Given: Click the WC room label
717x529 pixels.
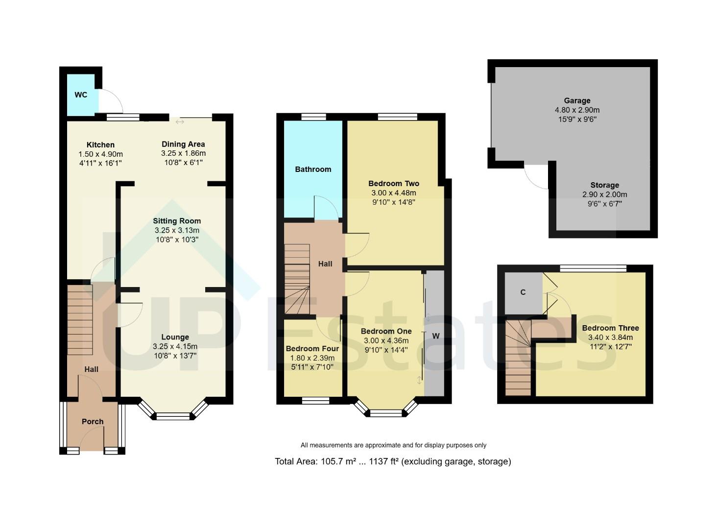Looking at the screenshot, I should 81,95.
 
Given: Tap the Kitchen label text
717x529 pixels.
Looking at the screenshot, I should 100,144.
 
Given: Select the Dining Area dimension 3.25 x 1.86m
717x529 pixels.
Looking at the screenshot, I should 183,153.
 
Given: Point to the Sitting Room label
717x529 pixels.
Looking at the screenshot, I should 177,221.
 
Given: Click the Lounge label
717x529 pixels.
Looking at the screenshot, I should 175,337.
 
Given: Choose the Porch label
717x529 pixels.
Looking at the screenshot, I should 93,421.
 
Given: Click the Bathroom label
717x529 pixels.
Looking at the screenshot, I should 313,169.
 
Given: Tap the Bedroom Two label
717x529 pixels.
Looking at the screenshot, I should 394,183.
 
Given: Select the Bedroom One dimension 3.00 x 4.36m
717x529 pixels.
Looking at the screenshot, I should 386,340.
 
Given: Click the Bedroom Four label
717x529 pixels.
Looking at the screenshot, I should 312,349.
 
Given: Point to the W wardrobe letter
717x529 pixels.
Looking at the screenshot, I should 435,336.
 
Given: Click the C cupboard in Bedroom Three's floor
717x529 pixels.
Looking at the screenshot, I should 523,292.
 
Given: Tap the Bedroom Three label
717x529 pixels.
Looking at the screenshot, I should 610,328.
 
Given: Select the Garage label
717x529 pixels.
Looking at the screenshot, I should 577,100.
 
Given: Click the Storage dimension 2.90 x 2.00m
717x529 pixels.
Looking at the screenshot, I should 604,194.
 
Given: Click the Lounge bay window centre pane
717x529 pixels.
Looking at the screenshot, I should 172,416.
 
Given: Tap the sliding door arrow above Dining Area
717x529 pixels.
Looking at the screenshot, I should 180,121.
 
